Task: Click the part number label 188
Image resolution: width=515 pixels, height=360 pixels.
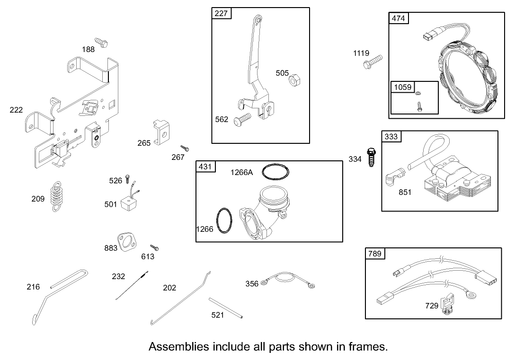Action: [88, 49]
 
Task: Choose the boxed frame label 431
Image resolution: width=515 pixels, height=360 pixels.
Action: [205, 167]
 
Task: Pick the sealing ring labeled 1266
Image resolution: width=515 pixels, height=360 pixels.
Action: [224, 220]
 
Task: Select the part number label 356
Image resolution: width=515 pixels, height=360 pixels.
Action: [252, 283]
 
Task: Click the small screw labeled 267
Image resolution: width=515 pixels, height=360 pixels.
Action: [185, 149]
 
